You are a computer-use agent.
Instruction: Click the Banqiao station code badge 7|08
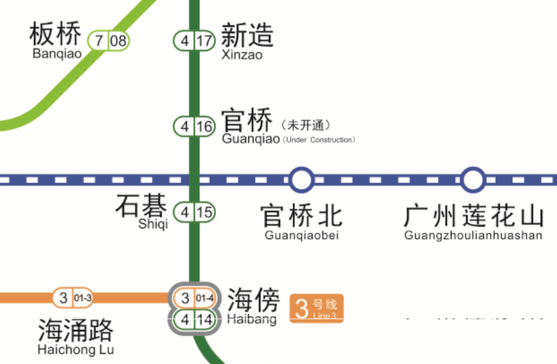tap(109, 42)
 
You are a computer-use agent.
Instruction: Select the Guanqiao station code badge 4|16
tap(195, 126)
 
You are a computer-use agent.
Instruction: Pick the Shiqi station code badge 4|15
tap(195, 213)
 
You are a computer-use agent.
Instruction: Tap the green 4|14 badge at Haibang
tap(195, 319)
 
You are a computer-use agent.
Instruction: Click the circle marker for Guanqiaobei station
tap(301, 180)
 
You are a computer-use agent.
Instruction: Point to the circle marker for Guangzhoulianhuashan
tap(473, 180)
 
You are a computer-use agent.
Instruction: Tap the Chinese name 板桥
tap(56, 34)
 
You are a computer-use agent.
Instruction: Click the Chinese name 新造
tap(247, 35)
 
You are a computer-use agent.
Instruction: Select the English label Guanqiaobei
tap(302, 236)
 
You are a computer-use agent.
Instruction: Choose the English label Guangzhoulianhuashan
tap(473, 236)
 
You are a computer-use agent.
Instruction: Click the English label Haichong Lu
tap(76, 349)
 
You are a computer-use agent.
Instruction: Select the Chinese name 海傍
tap(253, 299)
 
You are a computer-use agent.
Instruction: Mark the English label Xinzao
tap(242, 55)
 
